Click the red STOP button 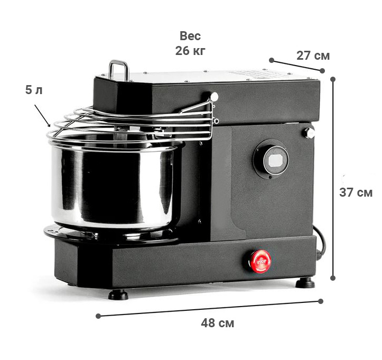click(x=260, y=261)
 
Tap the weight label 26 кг click(x=190, y=51)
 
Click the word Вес click(x=190, y=36)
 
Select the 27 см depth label click(x=313, y=56)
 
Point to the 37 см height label click(x=356, y=192)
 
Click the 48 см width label click(x=217, y=323)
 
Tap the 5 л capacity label click(x=34, y=90)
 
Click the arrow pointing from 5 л click(x=42, y=116)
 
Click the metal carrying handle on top click(x=118, y=70)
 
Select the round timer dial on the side click(x=271, y=159)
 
